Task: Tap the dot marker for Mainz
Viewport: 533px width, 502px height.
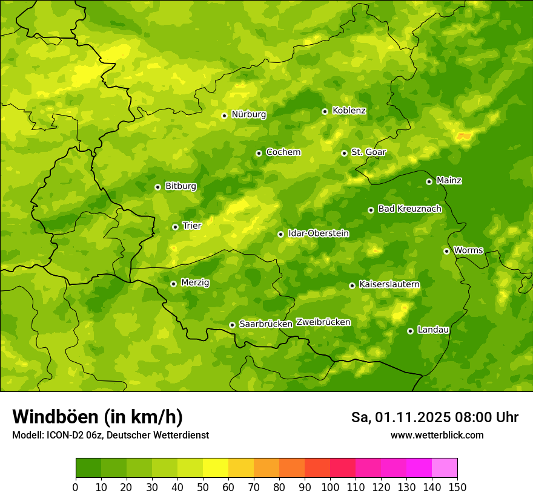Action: point(429,181)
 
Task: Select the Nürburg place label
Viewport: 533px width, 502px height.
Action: point(248,114)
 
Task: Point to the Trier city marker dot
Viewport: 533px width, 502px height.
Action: point(175,227)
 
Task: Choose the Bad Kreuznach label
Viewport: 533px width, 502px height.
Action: point(409,209)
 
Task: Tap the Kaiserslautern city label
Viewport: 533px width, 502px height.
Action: point(389,284)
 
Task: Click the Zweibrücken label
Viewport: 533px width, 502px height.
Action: point(323,322)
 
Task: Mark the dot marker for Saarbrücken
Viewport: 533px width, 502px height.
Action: point(232,325)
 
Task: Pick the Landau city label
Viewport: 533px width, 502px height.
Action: point(433,330)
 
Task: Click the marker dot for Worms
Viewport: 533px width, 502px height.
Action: point(446,251)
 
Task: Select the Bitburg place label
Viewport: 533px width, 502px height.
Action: point(180,186)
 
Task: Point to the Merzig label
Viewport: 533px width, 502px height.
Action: point(195,282)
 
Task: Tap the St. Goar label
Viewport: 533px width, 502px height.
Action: point(368,152)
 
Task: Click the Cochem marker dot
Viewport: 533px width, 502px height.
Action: point(259,153)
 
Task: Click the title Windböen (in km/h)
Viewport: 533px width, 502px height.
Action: point(97,417)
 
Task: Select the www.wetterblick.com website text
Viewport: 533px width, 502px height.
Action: point(437,435)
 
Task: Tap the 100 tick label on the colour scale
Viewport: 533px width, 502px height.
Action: point(330,487)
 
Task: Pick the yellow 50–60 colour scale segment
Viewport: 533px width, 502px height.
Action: point(216,468)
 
